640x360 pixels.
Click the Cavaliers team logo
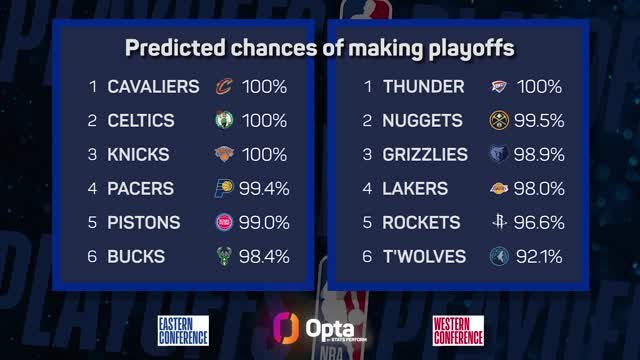(223, 87)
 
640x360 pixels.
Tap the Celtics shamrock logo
(223, 121)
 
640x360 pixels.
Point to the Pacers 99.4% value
(263, 189)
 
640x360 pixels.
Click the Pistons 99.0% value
(263, 223)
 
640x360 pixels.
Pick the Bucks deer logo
(223, 257)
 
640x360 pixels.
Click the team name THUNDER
(424, 87)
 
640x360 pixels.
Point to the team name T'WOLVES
(424, 257)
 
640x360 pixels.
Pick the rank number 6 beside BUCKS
(91, 257)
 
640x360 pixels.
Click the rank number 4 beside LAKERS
(366, 189)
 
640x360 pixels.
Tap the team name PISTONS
(144, 223)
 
